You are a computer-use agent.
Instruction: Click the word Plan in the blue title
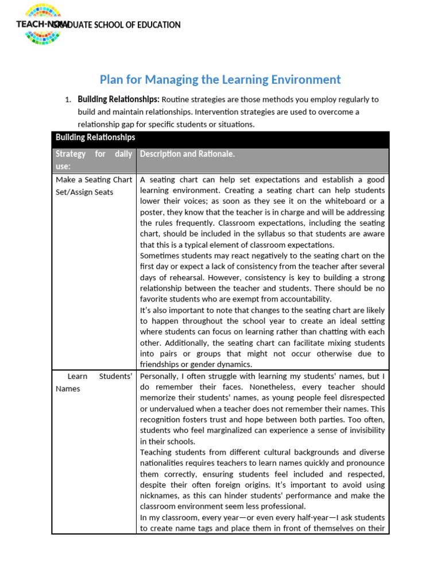[113, 79]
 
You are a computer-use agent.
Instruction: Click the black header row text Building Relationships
[95, 137]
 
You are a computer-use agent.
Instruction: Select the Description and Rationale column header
[187, 154]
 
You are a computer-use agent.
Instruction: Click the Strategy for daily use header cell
[94, 160]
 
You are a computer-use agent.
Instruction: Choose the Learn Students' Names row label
[94, 382]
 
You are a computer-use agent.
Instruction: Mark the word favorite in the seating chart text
[156, 299]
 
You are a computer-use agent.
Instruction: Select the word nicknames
[164, 496]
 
